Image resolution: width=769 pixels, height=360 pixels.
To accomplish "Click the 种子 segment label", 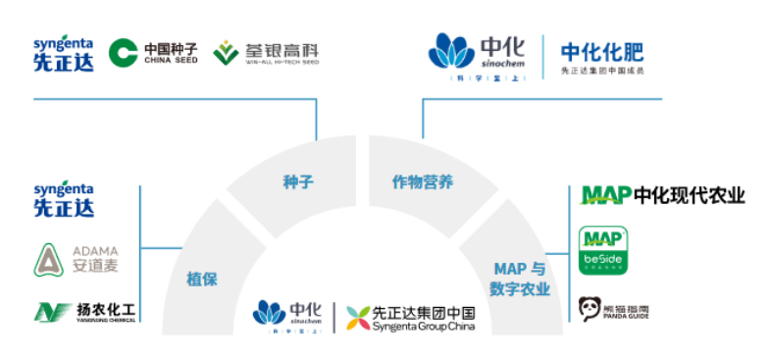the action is pyautogui.click(x=296, y=181).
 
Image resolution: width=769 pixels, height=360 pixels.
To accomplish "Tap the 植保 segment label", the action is pyautogui.click(x=201, y=279).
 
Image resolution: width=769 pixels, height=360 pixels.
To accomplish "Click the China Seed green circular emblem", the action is pyautogui.click(x=124, y=52).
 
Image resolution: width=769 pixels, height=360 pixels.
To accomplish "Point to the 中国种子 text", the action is pyautogui.click(x=171, y=48).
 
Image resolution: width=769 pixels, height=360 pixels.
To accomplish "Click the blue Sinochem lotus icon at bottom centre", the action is pyautogui.click(x=270, y=311).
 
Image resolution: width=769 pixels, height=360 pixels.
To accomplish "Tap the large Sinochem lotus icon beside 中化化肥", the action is pyautogui.click(x=452, y=50).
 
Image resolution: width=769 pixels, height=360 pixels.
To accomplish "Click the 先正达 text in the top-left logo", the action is pyautogui.click(x=63, y=61).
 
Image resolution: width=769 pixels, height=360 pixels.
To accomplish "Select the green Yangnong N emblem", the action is pyautogui.click(x=47, y=312).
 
